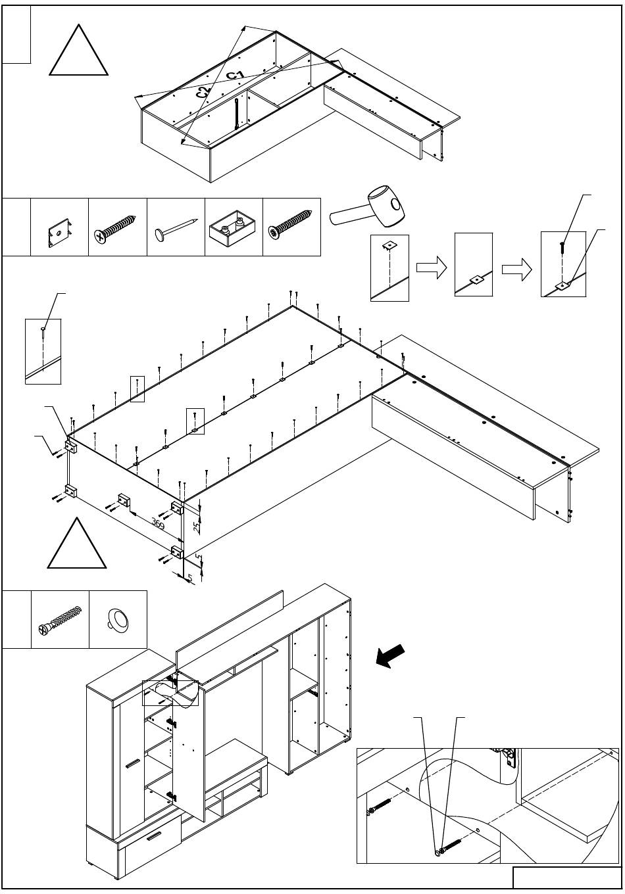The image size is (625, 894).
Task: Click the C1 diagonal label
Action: click(x=236, y=76)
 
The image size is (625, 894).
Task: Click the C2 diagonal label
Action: click(x=203, y=92)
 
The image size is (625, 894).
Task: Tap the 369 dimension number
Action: click(x=157, y=523)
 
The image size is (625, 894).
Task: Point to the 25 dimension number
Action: click(x=197, y=527)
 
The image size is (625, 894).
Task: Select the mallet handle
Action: click(x=350, y=216)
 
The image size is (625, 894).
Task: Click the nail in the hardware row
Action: click(x=176, y=228)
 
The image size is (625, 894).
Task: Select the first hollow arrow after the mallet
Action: click(x=432, y=268)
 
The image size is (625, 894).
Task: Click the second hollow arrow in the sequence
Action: click(x=516, y=270)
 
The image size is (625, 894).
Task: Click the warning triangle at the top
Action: click(x=79, y=50)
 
